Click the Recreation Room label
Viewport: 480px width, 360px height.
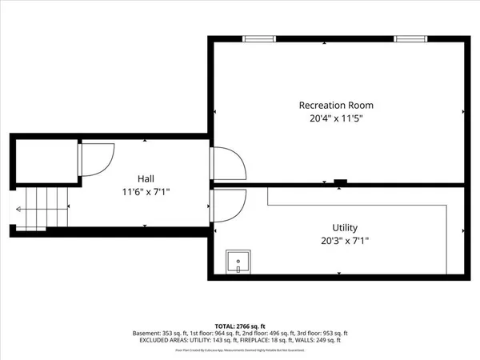pos(335,105)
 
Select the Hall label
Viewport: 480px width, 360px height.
pos(145,178)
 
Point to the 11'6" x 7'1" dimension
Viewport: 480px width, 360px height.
pos(145,192)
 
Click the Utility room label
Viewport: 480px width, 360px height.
pos(345,227)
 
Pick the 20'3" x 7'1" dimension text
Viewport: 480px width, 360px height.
pos(345,240)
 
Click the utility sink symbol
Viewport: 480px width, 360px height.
pos(238,262)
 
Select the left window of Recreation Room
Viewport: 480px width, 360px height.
pos(258,38)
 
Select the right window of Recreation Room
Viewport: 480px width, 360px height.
pos(410,38)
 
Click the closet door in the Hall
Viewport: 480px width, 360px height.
pos(95,158)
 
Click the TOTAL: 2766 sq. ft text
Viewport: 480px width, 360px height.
pos(239,325)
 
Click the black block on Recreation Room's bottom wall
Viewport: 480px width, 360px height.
pos(340,182)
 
